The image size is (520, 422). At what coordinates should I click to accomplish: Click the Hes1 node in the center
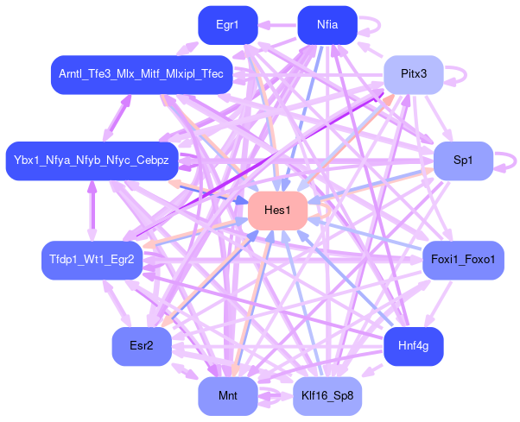[278, 211]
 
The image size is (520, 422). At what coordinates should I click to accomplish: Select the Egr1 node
[228, 25]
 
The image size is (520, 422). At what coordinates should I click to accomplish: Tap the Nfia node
[327, 25]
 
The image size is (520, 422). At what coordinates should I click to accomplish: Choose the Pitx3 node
[414, 75]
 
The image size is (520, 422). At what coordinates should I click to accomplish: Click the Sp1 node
[463, 161]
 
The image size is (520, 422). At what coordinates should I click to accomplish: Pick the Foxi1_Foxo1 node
[463, 261]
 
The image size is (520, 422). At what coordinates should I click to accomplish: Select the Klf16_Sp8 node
[327, 397]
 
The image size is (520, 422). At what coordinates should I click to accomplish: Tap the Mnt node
[228, 397]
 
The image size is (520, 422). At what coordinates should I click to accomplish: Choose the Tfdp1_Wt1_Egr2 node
[92, 261]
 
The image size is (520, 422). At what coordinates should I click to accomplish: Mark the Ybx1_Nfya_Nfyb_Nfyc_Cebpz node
[92, 161]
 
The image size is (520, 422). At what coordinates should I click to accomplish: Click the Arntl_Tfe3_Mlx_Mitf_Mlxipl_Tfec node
[142, 75]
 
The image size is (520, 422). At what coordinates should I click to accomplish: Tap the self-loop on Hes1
[324, 211]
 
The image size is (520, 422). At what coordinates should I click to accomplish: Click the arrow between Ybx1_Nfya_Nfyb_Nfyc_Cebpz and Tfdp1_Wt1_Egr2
[92, 211]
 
